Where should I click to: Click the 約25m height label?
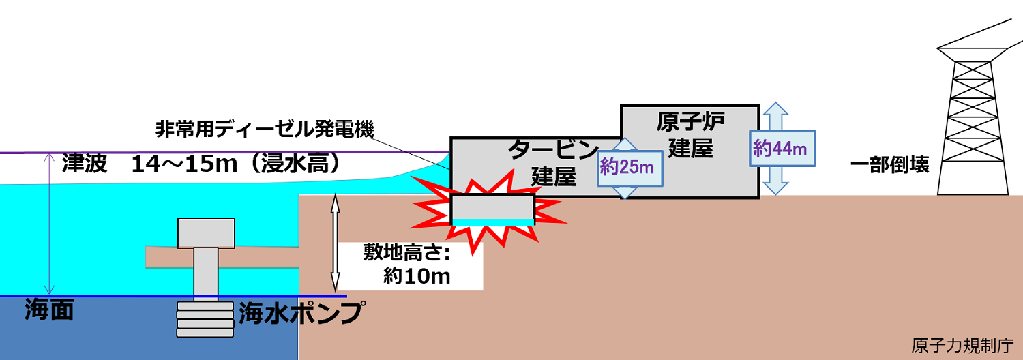(x=626, y=166)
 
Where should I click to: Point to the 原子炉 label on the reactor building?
(x=690, y=123)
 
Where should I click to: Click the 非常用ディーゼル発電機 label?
(x=265, y=129)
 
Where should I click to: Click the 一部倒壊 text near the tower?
(x=890, y=165)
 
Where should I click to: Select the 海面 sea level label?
(x=48, y=311)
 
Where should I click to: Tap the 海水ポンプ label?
(x=299, y=313)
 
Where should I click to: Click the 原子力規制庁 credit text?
(x=962, y=345)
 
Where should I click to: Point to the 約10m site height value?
(x=417, y=275)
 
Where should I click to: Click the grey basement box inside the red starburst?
(x=492, y=207)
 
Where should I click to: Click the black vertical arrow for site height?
(x=335, y=243)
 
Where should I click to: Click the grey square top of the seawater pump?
(x=205, y=232)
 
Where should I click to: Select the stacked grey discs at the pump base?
(x=205, y=319)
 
